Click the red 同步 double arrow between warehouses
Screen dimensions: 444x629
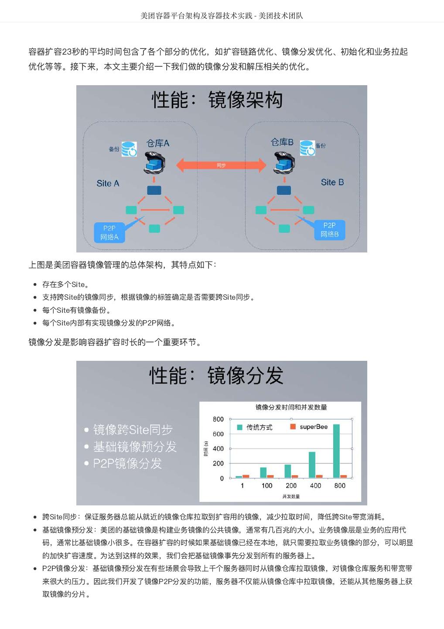[x=221, y=165]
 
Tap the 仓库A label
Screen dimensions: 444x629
[x=157, y=143]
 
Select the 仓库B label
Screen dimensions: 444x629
[x=282, y=142]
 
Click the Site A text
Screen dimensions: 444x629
[x=108, y=183]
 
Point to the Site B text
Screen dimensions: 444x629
[x=332, y=182]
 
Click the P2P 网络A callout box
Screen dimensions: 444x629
[x=109, y=232]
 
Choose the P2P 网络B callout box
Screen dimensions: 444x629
[x=329, y=230]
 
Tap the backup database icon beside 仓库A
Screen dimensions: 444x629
[x=129, y=149]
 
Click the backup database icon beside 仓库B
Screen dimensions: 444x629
[x=307, y=148]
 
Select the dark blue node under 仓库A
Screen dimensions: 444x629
[x=154, y=190]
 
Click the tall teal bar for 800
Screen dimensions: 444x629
[x=336, y=451]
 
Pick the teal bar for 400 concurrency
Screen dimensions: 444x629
[x=312, y=465]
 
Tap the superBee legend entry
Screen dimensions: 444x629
[x=309, y=427]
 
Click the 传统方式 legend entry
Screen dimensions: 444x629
[x=255, y=427]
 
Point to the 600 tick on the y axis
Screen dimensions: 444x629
[x=218, y=434]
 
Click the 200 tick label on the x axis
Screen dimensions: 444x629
[x=291, y=485]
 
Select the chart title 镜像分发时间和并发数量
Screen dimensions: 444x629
[x=291, y=407]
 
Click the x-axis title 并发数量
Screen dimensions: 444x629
[x=291, y=496]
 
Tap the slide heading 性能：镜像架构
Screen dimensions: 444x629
[x=217, y=100]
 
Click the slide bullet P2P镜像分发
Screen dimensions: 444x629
[x=127, y=463]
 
